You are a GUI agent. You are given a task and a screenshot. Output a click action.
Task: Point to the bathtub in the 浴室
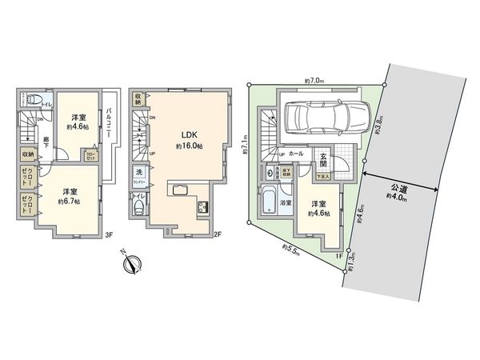(267, 196)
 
